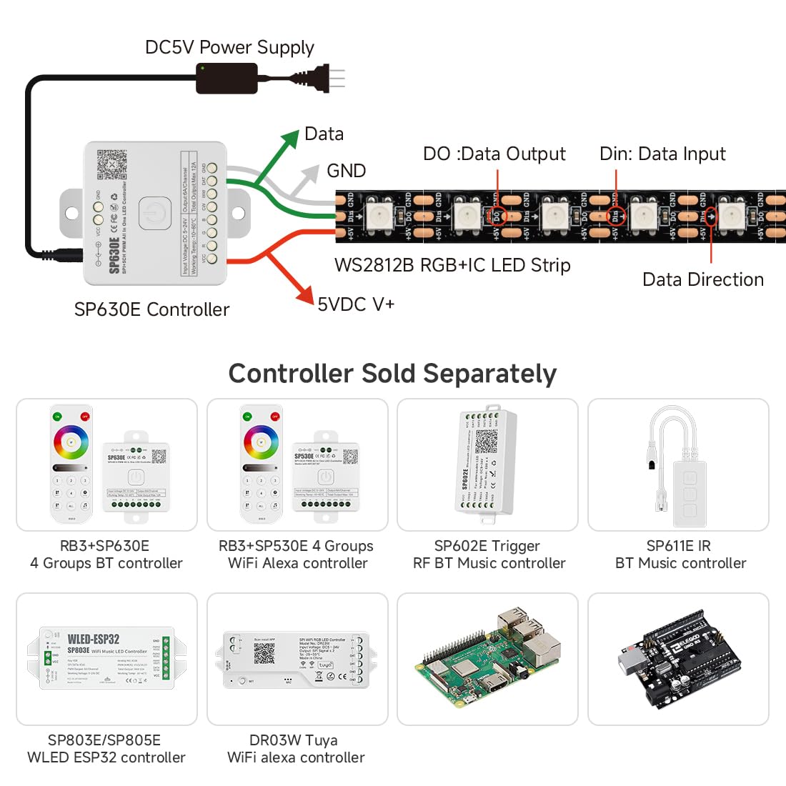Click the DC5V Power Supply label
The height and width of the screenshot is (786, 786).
click(229, 48)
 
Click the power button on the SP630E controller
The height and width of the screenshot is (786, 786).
click(154, 213)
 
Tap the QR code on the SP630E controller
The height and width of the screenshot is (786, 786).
click(112, 164)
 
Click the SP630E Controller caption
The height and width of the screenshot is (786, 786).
click(151, 309)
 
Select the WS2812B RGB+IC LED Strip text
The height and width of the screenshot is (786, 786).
click(452, 266)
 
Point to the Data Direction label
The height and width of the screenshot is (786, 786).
click(702, 279)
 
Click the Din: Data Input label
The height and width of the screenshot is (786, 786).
click(662, 154)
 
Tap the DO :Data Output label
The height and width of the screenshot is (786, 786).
click(494, 154)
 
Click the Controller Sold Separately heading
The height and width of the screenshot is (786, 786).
click(392, 374)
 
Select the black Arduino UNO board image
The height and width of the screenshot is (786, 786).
click(678, 659)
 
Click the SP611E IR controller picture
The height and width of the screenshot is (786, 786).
click(678, 464)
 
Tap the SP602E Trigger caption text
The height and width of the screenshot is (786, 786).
click(487, 547)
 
